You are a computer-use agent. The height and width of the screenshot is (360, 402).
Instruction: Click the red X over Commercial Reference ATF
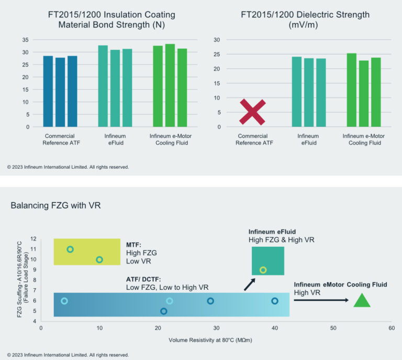(252, 112)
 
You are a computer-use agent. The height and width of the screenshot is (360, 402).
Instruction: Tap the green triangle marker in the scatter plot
(362, 301)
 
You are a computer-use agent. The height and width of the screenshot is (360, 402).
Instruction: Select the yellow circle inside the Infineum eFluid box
(263, 270)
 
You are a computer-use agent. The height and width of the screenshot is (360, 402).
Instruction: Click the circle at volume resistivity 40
(275, 301)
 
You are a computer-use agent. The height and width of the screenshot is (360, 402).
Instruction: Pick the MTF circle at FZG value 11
(70, 249)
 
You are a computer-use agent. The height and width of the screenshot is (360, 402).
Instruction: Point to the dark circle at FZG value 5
(164, 311)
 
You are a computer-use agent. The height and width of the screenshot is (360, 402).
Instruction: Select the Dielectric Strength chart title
(305, 20)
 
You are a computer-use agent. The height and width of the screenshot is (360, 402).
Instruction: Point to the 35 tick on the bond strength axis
(25, 40)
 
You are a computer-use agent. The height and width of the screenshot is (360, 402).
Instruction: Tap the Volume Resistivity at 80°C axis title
(216, 340)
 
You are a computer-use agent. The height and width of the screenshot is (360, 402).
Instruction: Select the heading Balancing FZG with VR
(55, 206)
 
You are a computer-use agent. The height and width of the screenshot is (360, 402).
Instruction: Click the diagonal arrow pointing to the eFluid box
(250, 284)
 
